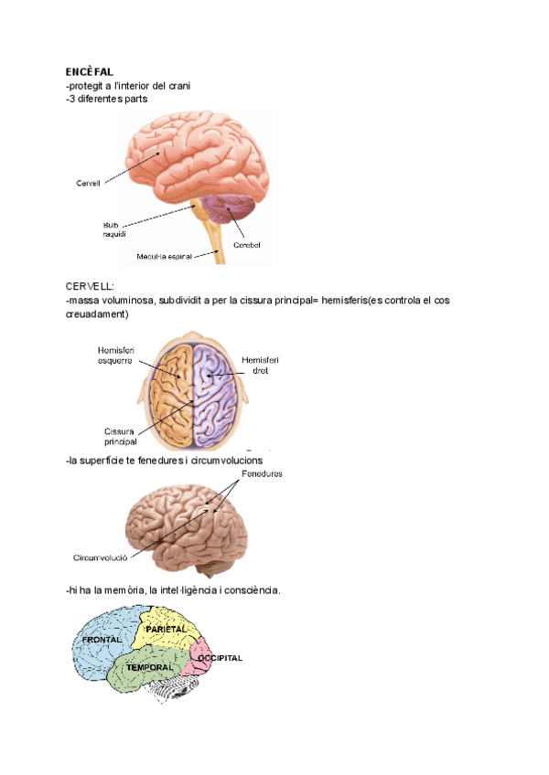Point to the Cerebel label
pyautogui.click(x=246, y=244)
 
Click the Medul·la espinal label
pyautogui.click(x=164, y=257)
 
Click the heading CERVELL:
pyautogui.click(x=90, y=286)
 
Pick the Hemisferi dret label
pyautogui.click(x=261, y=366)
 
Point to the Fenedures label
pyautogui.click(x=262, y=474)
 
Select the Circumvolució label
pyautogui.click(x=101, y=556)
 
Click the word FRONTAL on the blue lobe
pyautogui.click(x=102, y=641)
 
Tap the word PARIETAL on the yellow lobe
pyautogui.click(x=166, y=630)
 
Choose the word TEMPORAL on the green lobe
pyautogui.click(x=149, y=668)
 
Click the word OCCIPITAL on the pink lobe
pyautogui.click(x=221, y=658)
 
